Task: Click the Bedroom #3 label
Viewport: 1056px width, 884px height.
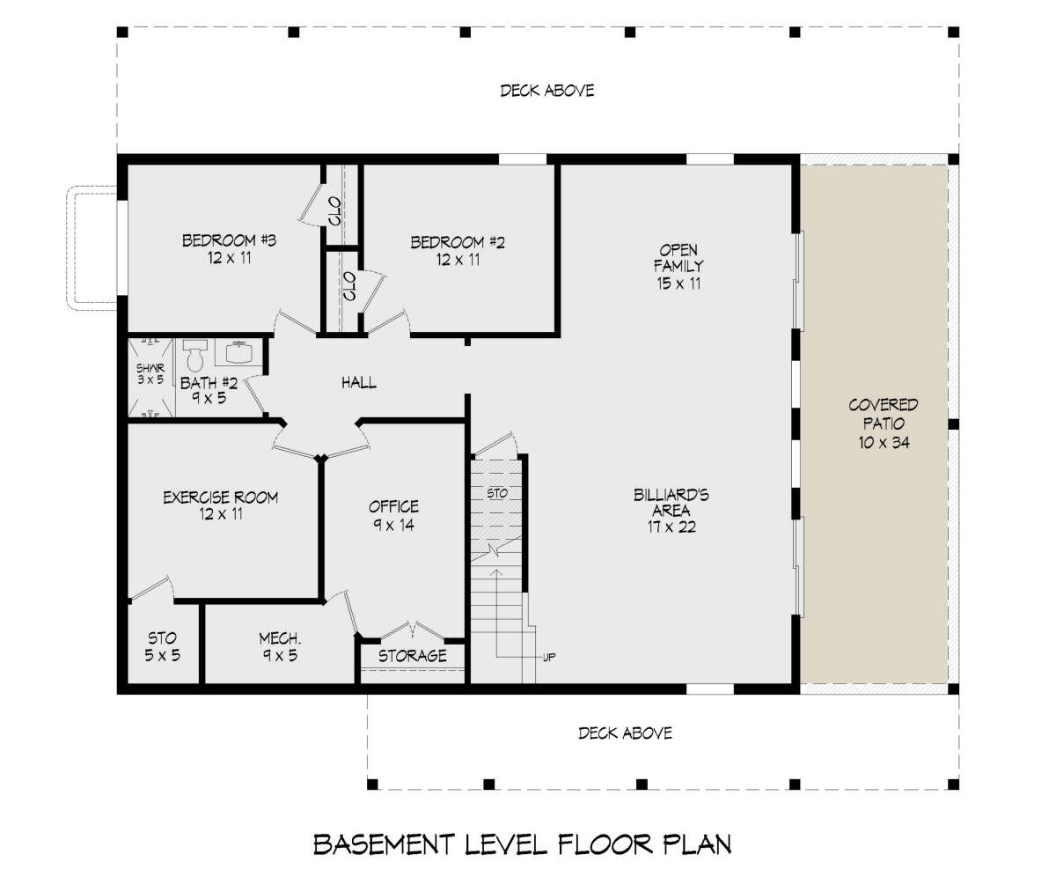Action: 229,239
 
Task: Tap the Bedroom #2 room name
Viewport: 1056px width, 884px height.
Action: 458,242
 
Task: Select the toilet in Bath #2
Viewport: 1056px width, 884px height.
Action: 194,355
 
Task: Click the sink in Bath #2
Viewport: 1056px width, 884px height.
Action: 238,352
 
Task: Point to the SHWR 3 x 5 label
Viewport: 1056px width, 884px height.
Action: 150,374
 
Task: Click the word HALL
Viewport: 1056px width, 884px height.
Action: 358,382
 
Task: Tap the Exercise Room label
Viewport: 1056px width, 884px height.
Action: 221,497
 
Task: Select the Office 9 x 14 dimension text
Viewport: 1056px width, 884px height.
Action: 393,525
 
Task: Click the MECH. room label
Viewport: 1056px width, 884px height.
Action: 280,638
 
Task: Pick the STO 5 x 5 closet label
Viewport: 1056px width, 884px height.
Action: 162,646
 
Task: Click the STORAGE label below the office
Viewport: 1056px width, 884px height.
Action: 412,656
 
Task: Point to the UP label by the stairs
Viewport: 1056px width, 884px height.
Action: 549,658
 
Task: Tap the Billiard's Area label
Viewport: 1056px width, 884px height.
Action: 671,503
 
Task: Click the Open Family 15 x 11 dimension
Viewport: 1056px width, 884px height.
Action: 678,284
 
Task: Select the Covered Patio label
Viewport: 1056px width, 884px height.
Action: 883,414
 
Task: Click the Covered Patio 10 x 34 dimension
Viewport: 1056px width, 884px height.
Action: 884,443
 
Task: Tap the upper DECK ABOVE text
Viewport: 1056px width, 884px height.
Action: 547,91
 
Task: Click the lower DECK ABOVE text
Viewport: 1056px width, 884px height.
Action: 625,733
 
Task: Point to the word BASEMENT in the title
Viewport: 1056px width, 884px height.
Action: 384,844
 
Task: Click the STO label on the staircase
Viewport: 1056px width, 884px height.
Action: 497,493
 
